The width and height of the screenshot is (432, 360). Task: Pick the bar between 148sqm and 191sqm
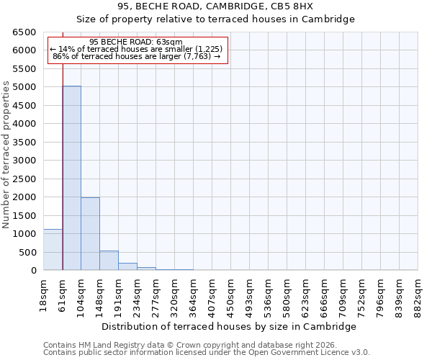point(109,261)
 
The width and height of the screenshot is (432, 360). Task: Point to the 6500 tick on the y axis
point(24,32)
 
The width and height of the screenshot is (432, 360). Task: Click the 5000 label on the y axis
point(24,87)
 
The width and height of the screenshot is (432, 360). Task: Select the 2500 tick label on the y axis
point(24,179)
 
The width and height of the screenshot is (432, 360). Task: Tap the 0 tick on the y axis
point(33,271)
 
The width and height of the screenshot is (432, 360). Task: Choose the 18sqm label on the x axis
point(44,294)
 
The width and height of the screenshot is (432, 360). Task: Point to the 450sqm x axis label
point(230,294)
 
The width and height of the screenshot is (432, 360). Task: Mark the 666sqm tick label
point(324,294)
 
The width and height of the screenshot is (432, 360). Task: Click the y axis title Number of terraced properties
point(7,155)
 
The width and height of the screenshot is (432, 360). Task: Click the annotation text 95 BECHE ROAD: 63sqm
point(136,42)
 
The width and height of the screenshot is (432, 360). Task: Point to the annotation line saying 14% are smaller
point(136,49)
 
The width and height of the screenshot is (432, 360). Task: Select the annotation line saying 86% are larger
point(136,56)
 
